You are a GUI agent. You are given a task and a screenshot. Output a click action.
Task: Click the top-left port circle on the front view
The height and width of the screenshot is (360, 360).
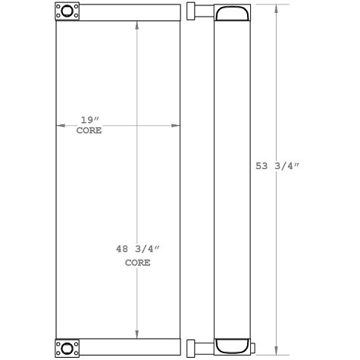coord(66,12)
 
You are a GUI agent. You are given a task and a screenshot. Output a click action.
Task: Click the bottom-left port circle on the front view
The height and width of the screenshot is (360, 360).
coord(66,348)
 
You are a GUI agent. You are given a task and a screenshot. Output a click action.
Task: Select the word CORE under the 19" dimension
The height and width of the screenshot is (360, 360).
coord(89,131)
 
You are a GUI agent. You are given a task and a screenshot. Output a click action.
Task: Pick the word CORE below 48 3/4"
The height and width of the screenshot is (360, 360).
coord(137,263)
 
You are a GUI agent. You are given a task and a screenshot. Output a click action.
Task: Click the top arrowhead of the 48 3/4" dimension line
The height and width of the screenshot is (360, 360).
coord(136,25)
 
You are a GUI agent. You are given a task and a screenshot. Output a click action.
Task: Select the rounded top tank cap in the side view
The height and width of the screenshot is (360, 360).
coord(233,14)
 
